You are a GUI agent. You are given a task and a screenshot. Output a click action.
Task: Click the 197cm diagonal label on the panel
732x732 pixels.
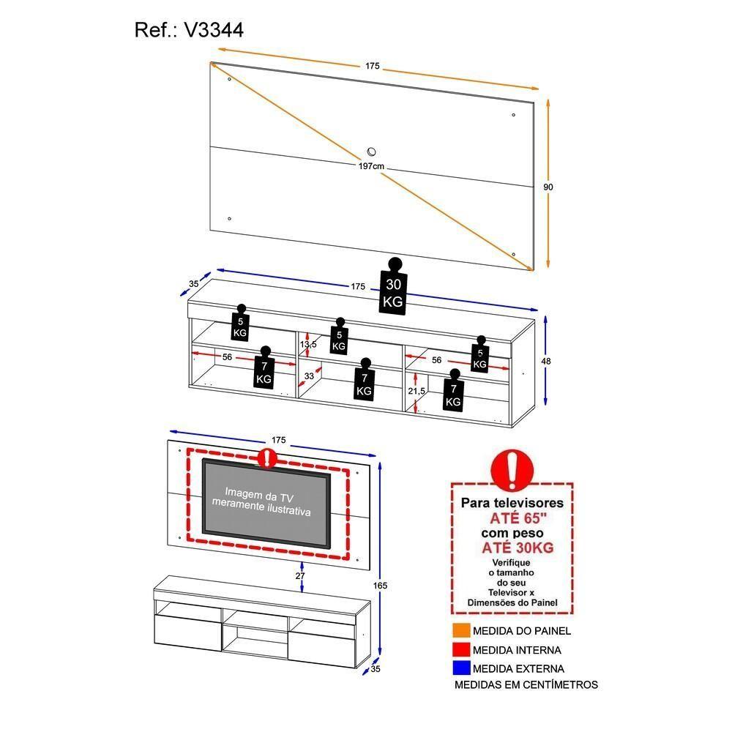click(x=371, y=167)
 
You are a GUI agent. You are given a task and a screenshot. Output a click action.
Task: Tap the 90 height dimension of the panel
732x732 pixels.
click(x=548, y=187)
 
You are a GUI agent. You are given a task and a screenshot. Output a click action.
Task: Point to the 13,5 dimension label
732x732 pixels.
click(x=309, y=344)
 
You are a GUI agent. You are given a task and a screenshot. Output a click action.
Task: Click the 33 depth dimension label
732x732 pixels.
click(x=309, y=376)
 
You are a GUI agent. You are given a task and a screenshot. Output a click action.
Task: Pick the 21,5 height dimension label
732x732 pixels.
click(x=417, y=392)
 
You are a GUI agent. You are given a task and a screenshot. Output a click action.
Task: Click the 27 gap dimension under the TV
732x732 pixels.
click(x=299, y=576)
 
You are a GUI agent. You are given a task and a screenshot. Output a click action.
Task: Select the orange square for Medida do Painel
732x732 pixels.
click(x=461, y=631)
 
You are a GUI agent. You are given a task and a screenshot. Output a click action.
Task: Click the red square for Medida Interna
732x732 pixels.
click(x=461, y=650)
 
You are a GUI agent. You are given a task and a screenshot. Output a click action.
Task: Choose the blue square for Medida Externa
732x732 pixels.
click(x=461, y=668)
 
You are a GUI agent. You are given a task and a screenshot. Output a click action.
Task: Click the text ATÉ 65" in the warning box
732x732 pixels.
click(x=517, y=518)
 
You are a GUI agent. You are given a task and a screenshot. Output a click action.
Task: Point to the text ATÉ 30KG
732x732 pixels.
click(x=517, y=548)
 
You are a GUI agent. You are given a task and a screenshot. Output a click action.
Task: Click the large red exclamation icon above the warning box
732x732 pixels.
click(x=512, y=469)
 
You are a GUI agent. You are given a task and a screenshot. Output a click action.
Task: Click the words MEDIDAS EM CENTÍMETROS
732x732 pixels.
click(x=526, y=685)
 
